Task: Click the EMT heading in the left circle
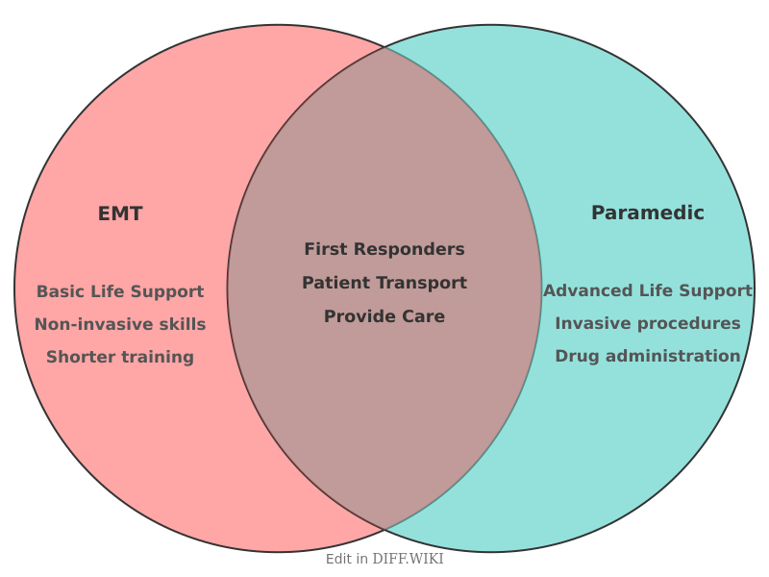click(120, 214)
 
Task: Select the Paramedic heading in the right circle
click(647, 213)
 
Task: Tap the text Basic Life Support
click(120, 291)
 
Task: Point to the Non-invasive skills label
click(120, 324)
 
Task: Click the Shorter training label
click(120, 357)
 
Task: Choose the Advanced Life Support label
click(647, 290)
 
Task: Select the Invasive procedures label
click(647, 323)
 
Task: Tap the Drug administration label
click(647, 356)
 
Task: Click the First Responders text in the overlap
click(384, 249)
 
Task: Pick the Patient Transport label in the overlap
click(384, 283)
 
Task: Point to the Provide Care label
click(384, 316)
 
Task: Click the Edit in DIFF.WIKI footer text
click(384, 559)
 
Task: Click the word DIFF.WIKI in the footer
click(408, 559)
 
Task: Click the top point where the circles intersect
click(384, 46)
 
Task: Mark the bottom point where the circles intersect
click(384, 530)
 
